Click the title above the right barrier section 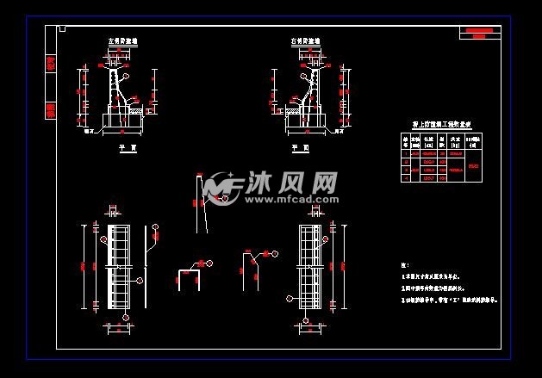point(306,40)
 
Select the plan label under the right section point(301,147)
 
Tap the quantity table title point(444,125)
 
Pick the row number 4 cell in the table point(405,178)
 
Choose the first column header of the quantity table point(405,140)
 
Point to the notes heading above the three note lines point(405,264)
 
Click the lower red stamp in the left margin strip point(50,109)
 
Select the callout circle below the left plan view point(126,318)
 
